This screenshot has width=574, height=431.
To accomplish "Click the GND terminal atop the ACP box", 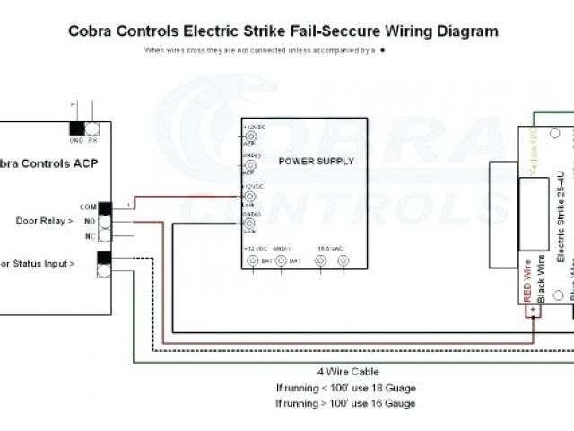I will point(77,129).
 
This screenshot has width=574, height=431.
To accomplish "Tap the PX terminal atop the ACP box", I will point(92,129).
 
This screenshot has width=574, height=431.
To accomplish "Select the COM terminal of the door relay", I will point(105,208).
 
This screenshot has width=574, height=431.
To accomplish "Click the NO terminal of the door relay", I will point(105,222).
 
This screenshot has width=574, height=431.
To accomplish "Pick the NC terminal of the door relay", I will point(105,235).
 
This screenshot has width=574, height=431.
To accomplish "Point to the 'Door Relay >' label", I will point(44,221).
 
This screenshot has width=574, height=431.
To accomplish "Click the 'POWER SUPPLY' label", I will point(316,162).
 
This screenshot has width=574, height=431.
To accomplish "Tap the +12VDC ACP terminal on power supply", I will point(250,136).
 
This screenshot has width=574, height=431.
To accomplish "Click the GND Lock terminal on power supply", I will point(250,222).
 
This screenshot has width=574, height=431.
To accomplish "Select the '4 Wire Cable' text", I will point(347,372).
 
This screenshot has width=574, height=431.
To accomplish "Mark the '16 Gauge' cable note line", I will point(346,404).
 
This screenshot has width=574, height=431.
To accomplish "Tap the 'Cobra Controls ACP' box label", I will point(48,163).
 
